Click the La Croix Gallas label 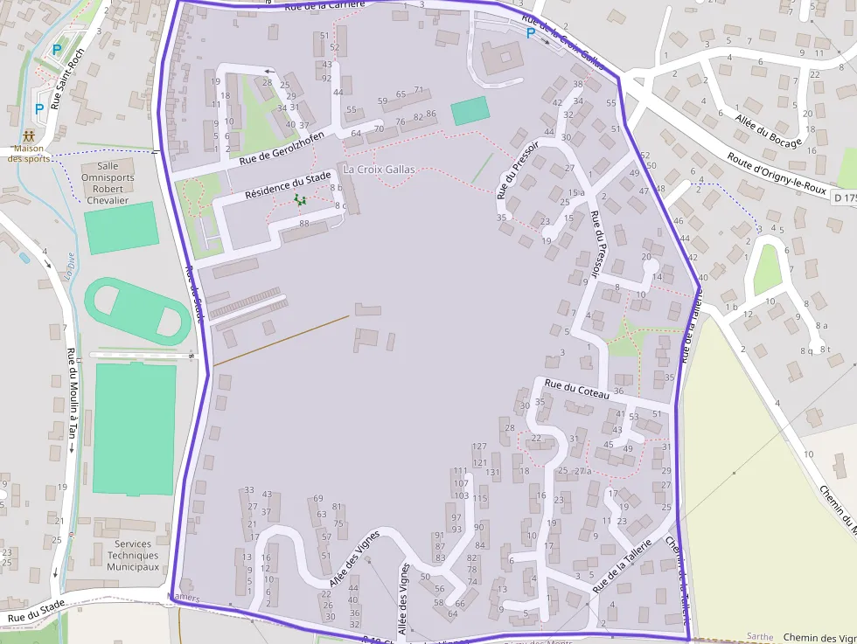point(379,169)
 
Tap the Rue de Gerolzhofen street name point(282,145)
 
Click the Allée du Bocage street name point(768,130)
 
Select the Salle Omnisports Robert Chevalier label point(108,183)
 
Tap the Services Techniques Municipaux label point(133,555)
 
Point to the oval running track point(136,311)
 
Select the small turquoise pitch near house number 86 point(470,111)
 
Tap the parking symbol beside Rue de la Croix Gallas point(531,33)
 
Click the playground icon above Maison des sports point(30,136)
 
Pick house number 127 point(479,447)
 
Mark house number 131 point(494,472)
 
